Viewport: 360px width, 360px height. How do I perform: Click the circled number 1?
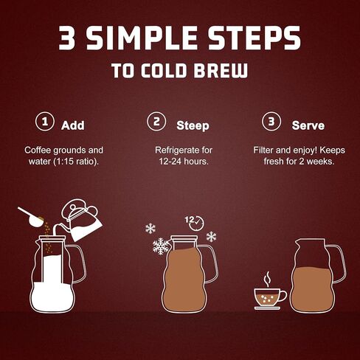[x=45, y=121]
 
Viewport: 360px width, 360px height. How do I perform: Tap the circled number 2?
[x=156, y=121]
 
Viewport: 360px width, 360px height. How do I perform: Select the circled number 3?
[x=271, y=121]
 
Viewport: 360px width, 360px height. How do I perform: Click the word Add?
[x=73, y=125]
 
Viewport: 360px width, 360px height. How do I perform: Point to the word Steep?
[x=193, y=126]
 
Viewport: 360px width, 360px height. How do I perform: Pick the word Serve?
[x=308, y=125]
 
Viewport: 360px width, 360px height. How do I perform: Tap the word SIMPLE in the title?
[x=142, y=38]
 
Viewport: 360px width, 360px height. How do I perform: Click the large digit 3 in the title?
[x=66, y=38]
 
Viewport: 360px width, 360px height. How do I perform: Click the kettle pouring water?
[x=83, y=221]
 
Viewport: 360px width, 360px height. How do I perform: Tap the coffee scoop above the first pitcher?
[x=32, y=217]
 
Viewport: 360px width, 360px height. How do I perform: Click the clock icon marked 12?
[x=196, y=224]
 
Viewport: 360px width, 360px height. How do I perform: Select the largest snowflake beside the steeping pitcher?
[x=161, y=246]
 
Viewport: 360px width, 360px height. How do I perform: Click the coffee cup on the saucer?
[x=270, y=297]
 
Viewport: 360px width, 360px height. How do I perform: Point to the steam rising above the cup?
[x=267, y=279]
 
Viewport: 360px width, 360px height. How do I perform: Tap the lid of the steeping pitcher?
[x=184, y=238]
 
